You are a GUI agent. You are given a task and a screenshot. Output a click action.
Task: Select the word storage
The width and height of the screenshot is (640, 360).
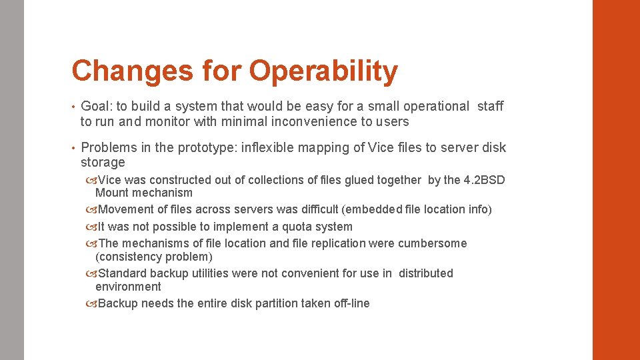click(103, 163)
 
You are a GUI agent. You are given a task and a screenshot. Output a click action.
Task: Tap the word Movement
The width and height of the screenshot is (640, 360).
click(126, 209)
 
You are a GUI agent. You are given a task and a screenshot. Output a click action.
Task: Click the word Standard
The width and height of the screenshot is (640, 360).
click(123, 273)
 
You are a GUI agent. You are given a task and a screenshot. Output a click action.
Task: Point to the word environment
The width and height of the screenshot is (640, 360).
click(128, 287)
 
